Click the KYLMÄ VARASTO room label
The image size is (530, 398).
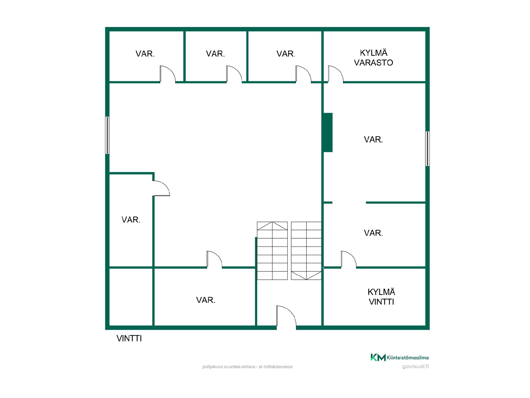[x=373, y=58]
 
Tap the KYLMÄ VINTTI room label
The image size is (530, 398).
[x=381, y=297]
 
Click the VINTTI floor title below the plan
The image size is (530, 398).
[x=129, y=338]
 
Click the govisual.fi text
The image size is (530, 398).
[x=415, y=366]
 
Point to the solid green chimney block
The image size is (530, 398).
[x=328, y=132]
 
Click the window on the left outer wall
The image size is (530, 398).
[x=107, y=135]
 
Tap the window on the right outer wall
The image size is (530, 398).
[x=427, y=149]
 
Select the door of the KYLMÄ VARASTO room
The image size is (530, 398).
[x=335, y=74]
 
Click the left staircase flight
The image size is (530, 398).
[x=272, y=251]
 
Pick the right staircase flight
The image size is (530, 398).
[x=306, y=251]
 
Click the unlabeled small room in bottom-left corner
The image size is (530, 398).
[x=131, y=297]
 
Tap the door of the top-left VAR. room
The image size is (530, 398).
[x=168, y=74]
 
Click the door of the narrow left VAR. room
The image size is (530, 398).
[x=161, y=188]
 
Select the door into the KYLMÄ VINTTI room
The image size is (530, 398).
[x=349, y=260]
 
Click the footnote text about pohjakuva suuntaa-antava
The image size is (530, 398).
[x=247, y=367]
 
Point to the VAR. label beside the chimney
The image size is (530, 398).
[x=373, y=140]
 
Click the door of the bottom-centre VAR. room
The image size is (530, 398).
[x=214, y=260]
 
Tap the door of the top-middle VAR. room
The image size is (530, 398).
[x=234, y=74]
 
